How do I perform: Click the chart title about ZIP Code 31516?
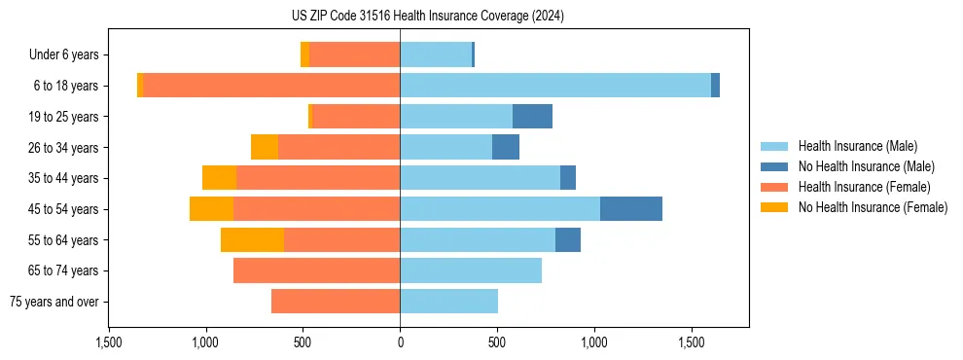(x=427, y=17)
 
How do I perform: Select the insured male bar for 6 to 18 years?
(x=554, y=86)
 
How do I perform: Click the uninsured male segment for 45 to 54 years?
(x=631, y=209)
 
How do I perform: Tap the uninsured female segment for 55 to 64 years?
(x=252, y=240)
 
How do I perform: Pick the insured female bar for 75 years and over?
(x=336, y=302)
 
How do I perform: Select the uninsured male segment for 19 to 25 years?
(x=532, y=117)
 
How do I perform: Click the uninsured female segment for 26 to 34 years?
(x=265, y=147)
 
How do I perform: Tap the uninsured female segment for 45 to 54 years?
(x=211, y=209)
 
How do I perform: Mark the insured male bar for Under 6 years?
(x=436, y=54)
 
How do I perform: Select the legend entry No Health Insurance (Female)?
(x=873, y=207)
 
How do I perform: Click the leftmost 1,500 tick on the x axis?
(x=108, y=342)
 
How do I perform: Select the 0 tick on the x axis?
(x=400, y=342)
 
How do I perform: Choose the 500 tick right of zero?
(x=497, y=342)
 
